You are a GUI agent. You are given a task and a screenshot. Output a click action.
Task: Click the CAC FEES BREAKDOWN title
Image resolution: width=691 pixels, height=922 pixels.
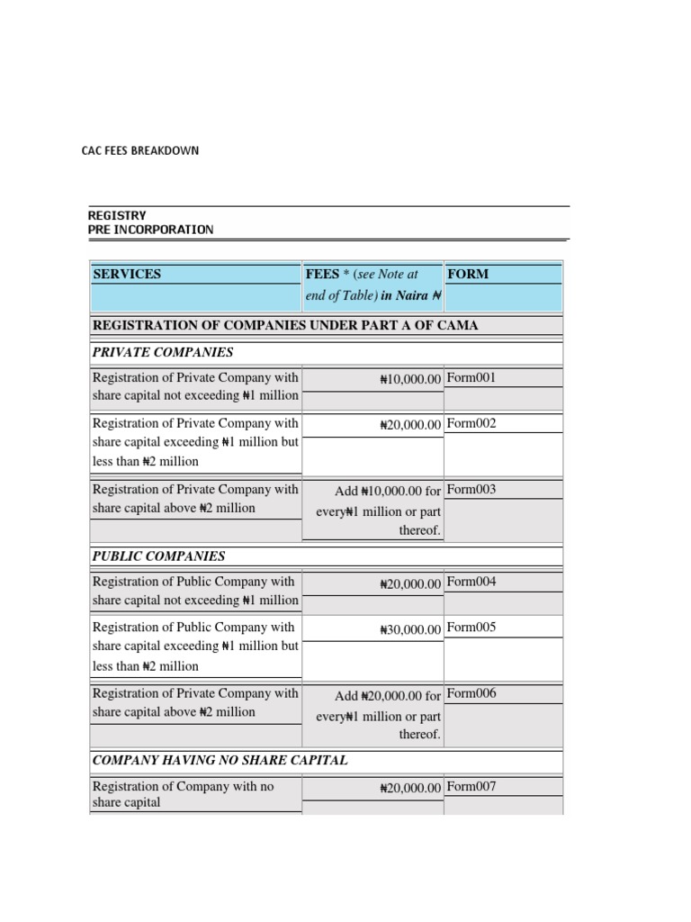pyautogui.click(x=139, y=150)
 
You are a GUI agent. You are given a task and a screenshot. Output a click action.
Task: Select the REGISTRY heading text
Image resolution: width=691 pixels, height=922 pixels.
pyautogui.click(x=116, y=215)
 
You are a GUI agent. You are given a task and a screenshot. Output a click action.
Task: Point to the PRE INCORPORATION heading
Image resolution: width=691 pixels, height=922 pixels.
pyautogui.click(x=150, y=229)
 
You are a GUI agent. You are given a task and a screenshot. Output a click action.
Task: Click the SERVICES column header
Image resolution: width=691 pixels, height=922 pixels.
pyautogui.click(x=127, y=274)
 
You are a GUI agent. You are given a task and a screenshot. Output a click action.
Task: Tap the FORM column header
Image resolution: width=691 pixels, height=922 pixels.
pyautogui.click(x=468, y=274)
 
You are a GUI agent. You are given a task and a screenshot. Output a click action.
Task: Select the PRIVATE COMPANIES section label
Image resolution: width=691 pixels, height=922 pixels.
pyautogui.click(x=163, y=352)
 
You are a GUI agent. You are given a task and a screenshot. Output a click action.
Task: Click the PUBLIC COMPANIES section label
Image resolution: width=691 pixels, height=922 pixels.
pyautogui.click(x=159, y=556)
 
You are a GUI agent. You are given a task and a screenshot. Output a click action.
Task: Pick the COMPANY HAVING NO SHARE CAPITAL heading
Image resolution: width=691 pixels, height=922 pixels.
pyautogui.click(x=220, y=760)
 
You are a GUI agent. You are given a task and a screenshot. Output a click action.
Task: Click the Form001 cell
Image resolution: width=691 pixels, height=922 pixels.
pyautogui.click(x=471, y=378)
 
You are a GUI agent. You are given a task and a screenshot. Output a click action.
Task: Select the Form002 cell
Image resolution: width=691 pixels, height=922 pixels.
pyautogui.click(x=471, y=423)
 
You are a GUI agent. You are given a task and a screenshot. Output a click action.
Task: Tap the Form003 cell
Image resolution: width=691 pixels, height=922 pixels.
pyautogui.click(x=471, y=490)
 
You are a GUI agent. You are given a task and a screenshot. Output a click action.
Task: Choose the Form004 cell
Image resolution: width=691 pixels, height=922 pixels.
pyautogui.click(x=471, y=582)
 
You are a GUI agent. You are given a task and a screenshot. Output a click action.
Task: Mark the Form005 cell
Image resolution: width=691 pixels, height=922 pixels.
pyautogui.click(x=471, y=627)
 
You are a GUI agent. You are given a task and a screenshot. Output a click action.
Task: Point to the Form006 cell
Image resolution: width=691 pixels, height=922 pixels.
pyautogui.click(x=471, y=693)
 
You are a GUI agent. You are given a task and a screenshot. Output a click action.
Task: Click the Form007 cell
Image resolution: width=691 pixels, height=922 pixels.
pyautogui.click(x=471, y=786)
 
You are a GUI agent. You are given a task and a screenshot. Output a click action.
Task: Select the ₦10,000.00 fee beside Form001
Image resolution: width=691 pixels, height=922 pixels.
pyautogui.click(x=410, y=380)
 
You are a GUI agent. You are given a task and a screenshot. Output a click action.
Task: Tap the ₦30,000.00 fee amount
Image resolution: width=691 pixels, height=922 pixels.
pyautogui.click(x=410, y=628)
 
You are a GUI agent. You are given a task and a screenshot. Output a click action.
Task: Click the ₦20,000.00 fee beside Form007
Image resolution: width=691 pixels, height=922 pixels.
pyautogui.click(x=410, y=788)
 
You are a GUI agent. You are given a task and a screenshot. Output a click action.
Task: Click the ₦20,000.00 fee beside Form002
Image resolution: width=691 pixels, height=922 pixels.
pyautogui.click(x=410, y=425)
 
